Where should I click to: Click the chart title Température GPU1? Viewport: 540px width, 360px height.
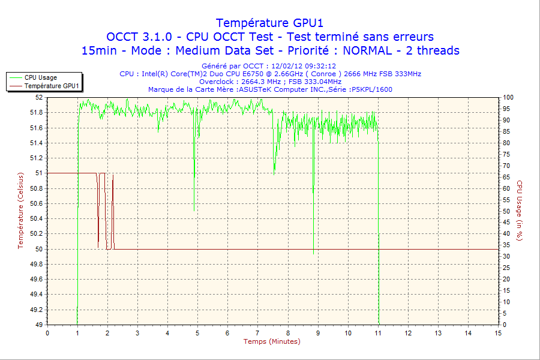tap(269, 23)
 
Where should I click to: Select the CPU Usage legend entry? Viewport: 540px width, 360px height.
tap(41, 77)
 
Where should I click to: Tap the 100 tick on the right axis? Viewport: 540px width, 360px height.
tap(508, 97)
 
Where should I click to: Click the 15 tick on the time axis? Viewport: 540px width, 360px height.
tap(498, 333)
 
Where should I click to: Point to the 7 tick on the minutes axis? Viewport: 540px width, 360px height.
tap(257, 333)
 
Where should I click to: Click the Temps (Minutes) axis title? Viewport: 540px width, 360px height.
tap(272, 341)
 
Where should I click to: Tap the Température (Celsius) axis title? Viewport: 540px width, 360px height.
tap(22, 210)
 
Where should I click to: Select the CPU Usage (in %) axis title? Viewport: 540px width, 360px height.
tap(520, 211)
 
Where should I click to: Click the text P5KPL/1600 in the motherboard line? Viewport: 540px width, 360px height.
tap(373, 89)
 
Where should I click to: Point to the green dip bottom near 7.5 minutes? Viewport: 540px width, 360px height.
tap(274, 174)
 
